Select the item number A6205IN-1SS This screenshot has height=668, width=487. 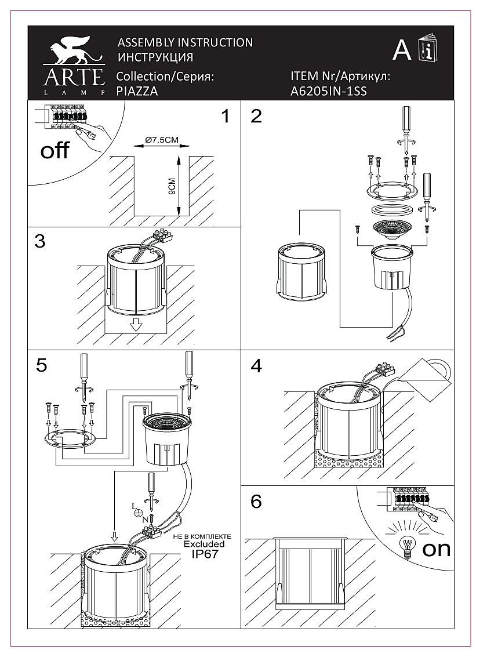tap(328, 91)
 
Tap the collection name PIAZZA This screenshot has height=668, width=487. tap(137, 91)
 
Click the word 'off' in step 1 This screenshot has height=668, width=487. tap(55, 151)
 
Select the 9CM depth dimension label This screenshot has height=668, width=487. tap(172, 191)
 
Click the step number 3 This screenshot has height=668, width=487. tap(39, 241)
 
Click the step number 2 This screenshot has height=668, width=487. tap(256, 116)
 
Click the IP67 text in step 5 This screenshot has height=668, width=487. tap(205, 554)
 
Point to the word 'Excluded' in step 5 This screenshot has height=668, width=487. tap(205, 544)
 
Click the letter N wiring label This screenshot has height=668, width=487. tap(145, 520)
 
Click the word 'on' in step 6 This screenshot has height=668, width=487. tap(437, 549)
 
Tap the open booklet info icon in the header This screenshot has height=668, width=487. tap(428, 50)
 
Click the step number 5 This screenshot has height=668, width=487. tap(41, 365)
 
